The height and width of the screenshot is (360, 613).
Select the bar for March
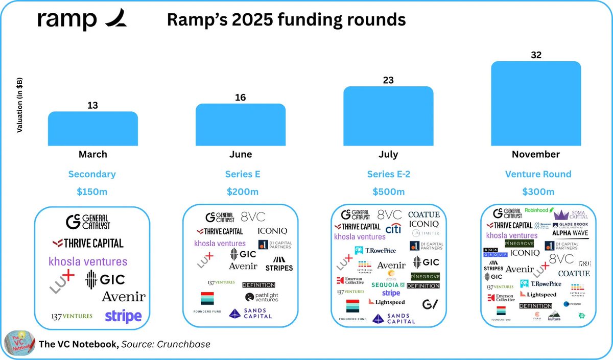[x=92, y=129]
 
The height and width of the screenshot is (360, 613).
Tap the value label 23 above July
[x=388, y=80]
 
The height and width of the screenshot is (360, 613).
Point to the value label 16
[x=241, y=98]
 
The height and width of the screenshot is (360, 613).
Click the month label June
[x=241, y=154]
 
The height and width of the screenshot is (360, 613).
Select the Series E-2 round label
[x=388, y=174]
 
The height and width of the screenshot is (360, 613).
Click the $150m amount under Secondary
[x=92, y=192]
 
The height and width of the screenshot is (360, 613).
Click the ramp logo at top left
[x=82, y=20]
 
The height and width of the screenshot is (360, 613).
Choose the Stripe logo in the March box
[x=123, y=316]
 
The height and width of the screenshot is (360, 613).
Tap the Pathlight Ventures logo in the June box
[x=261, y=297]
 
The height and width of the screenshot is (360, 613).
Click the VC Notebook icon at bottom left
[x=19, y=344]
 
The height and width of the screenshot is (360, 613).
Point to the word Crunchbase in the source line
[x=184, y=345]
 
